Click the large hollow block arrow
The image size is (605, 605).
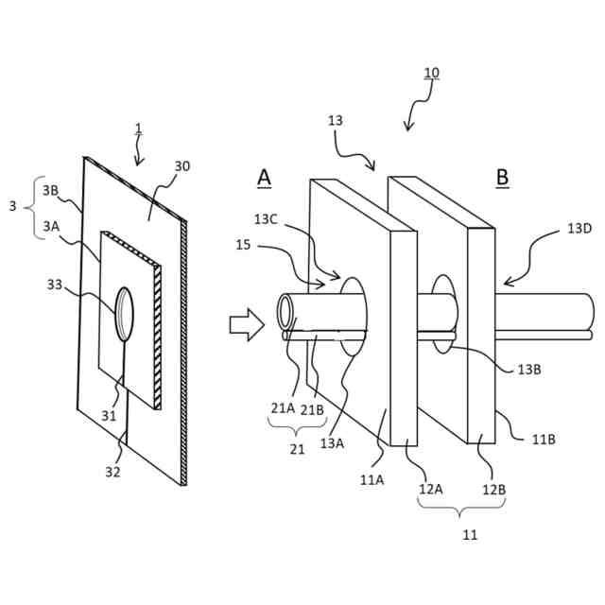(x=245, y=325)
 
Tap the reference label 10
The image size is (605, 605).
(x=431, y=74)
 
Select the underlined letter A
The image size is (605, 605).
(x=264, y=178)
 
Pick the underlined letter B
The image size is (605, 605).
(x=502, y=177)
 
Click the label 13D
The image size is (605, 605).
(x=580, y=229)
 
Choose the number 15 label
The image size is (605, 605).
(x=243, y=246)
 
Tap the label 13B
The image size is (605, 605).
(x=529, y=370)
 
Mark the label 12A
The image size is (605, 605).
(x=432, y=489)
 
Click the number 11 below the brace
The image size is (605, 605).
(x=470, y=534)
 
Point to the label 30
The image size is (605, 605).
(x=181, y=166)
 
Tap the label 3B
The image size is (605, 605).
(x=51, y=189)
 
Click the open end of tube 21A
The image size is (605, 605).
(x=286, y=311)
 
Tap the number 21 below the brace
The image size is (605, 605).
(x=298, y=450)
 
